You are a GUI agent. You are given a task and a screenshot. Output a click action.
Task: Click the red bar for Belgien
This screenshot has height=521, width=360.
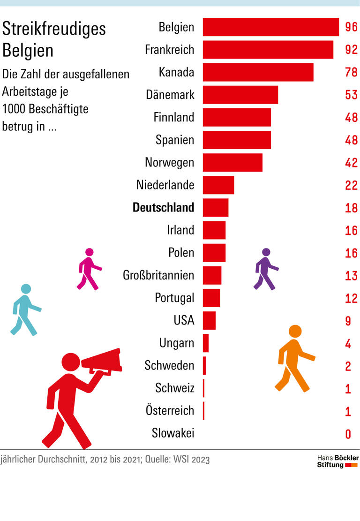coord(270,27)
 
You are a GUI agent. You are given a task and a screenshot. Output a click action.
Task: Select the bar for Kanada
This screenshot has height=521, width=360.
coord(258,72)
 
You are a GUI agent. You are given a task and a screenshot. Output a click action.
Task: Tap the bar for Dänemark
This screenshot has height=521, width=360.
coord(240,95)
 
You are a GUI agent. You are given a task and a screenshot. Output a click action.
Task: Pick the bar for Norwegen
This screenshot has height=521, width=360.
coord(232,162)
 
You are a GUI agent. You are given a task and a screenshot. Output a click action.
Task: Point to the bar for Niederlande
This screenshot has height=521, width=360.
coord(218,185)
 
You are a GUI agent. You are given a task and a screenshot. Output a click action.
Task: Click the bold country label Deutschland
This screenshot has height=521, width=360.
coord(163,207)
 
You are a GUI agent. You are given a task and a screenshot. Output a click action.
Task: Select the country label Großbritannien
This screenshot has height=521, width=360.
coord(158,275)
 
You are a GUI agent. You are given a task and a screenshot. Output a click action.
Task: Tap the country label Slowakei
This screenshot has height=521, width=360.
coord(172,433)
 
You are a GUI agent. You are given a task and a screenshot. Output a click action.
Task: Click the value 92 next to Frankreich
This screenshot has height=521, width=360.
coord(351,50)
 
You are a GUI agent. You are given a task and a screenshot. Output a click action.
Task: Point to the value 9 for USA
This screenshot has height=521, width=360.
coord(348,321)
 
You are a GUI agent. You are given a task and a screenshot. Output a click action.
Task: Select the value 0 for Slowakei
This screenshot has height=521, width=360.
coord(348,434)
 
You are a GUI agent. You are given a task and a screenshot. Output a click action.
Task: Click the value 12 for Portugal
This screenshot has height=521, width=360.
coord(351,299)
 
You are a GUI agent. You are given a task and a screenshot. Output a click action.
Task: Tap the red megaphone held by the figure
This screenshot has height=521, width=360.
coord(102,361)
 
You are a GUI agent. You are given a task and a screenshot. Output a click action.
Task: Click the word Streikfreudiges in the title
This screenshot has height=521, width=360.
coord(54,29)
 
